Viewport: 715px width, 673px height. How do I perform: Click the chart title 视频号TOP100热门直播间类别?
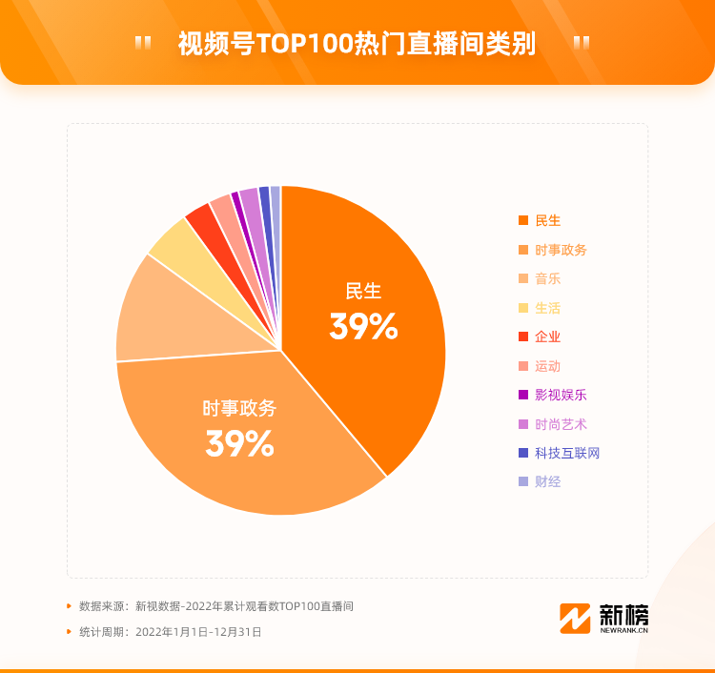357,44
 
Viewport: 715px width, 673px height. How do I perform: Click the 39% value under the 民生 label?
363,327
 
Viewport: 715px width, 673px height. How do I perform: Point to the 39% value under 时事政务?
239,443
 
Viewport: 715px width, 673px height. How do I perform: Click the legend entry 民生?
547,221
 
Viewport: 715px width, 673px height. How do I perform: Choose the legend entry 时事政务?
561,250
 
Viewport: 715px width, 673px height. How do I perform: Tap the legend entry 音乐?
547,279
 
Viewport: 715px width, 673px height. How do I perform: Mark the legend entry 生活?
547,308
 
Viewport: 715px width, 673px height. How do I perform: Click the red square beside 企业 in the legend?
522,336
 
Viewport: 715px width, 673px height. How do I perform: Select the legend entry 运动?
547,366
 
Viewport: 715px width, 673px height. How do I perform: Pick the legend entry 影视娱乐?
561,395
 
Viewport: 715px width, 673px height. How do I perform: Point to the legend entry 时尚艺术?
561,424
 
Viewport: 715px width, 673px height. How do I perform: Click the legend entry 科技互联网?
567,453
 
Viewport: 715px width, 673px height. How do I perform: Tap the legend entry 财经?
547,481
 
